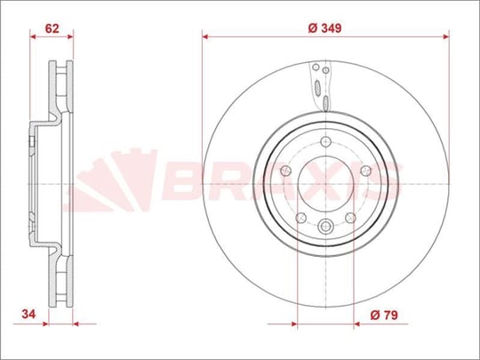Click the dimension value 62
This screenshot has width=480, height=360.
[52, 28]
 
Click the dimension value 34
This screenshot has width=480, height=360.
[28, 314]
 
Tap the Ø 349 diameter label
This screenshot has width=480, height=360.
[324, 28]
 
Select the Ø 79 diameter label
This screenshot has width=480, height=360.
[384, 315]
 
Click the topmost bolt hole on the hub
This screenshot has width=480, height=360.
[325, 141]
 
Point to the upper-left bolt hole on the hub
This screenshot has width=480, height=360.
[285, 171]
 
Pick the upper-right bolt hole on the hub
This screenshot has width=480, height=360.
[366, 171]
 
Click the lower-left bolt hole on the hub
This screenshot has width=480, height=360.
[301, 218]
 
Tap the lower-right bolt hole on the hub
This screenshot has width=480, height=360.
[350, 218]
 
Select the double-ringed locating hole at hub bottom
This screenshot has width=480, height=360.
[325, 227]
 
